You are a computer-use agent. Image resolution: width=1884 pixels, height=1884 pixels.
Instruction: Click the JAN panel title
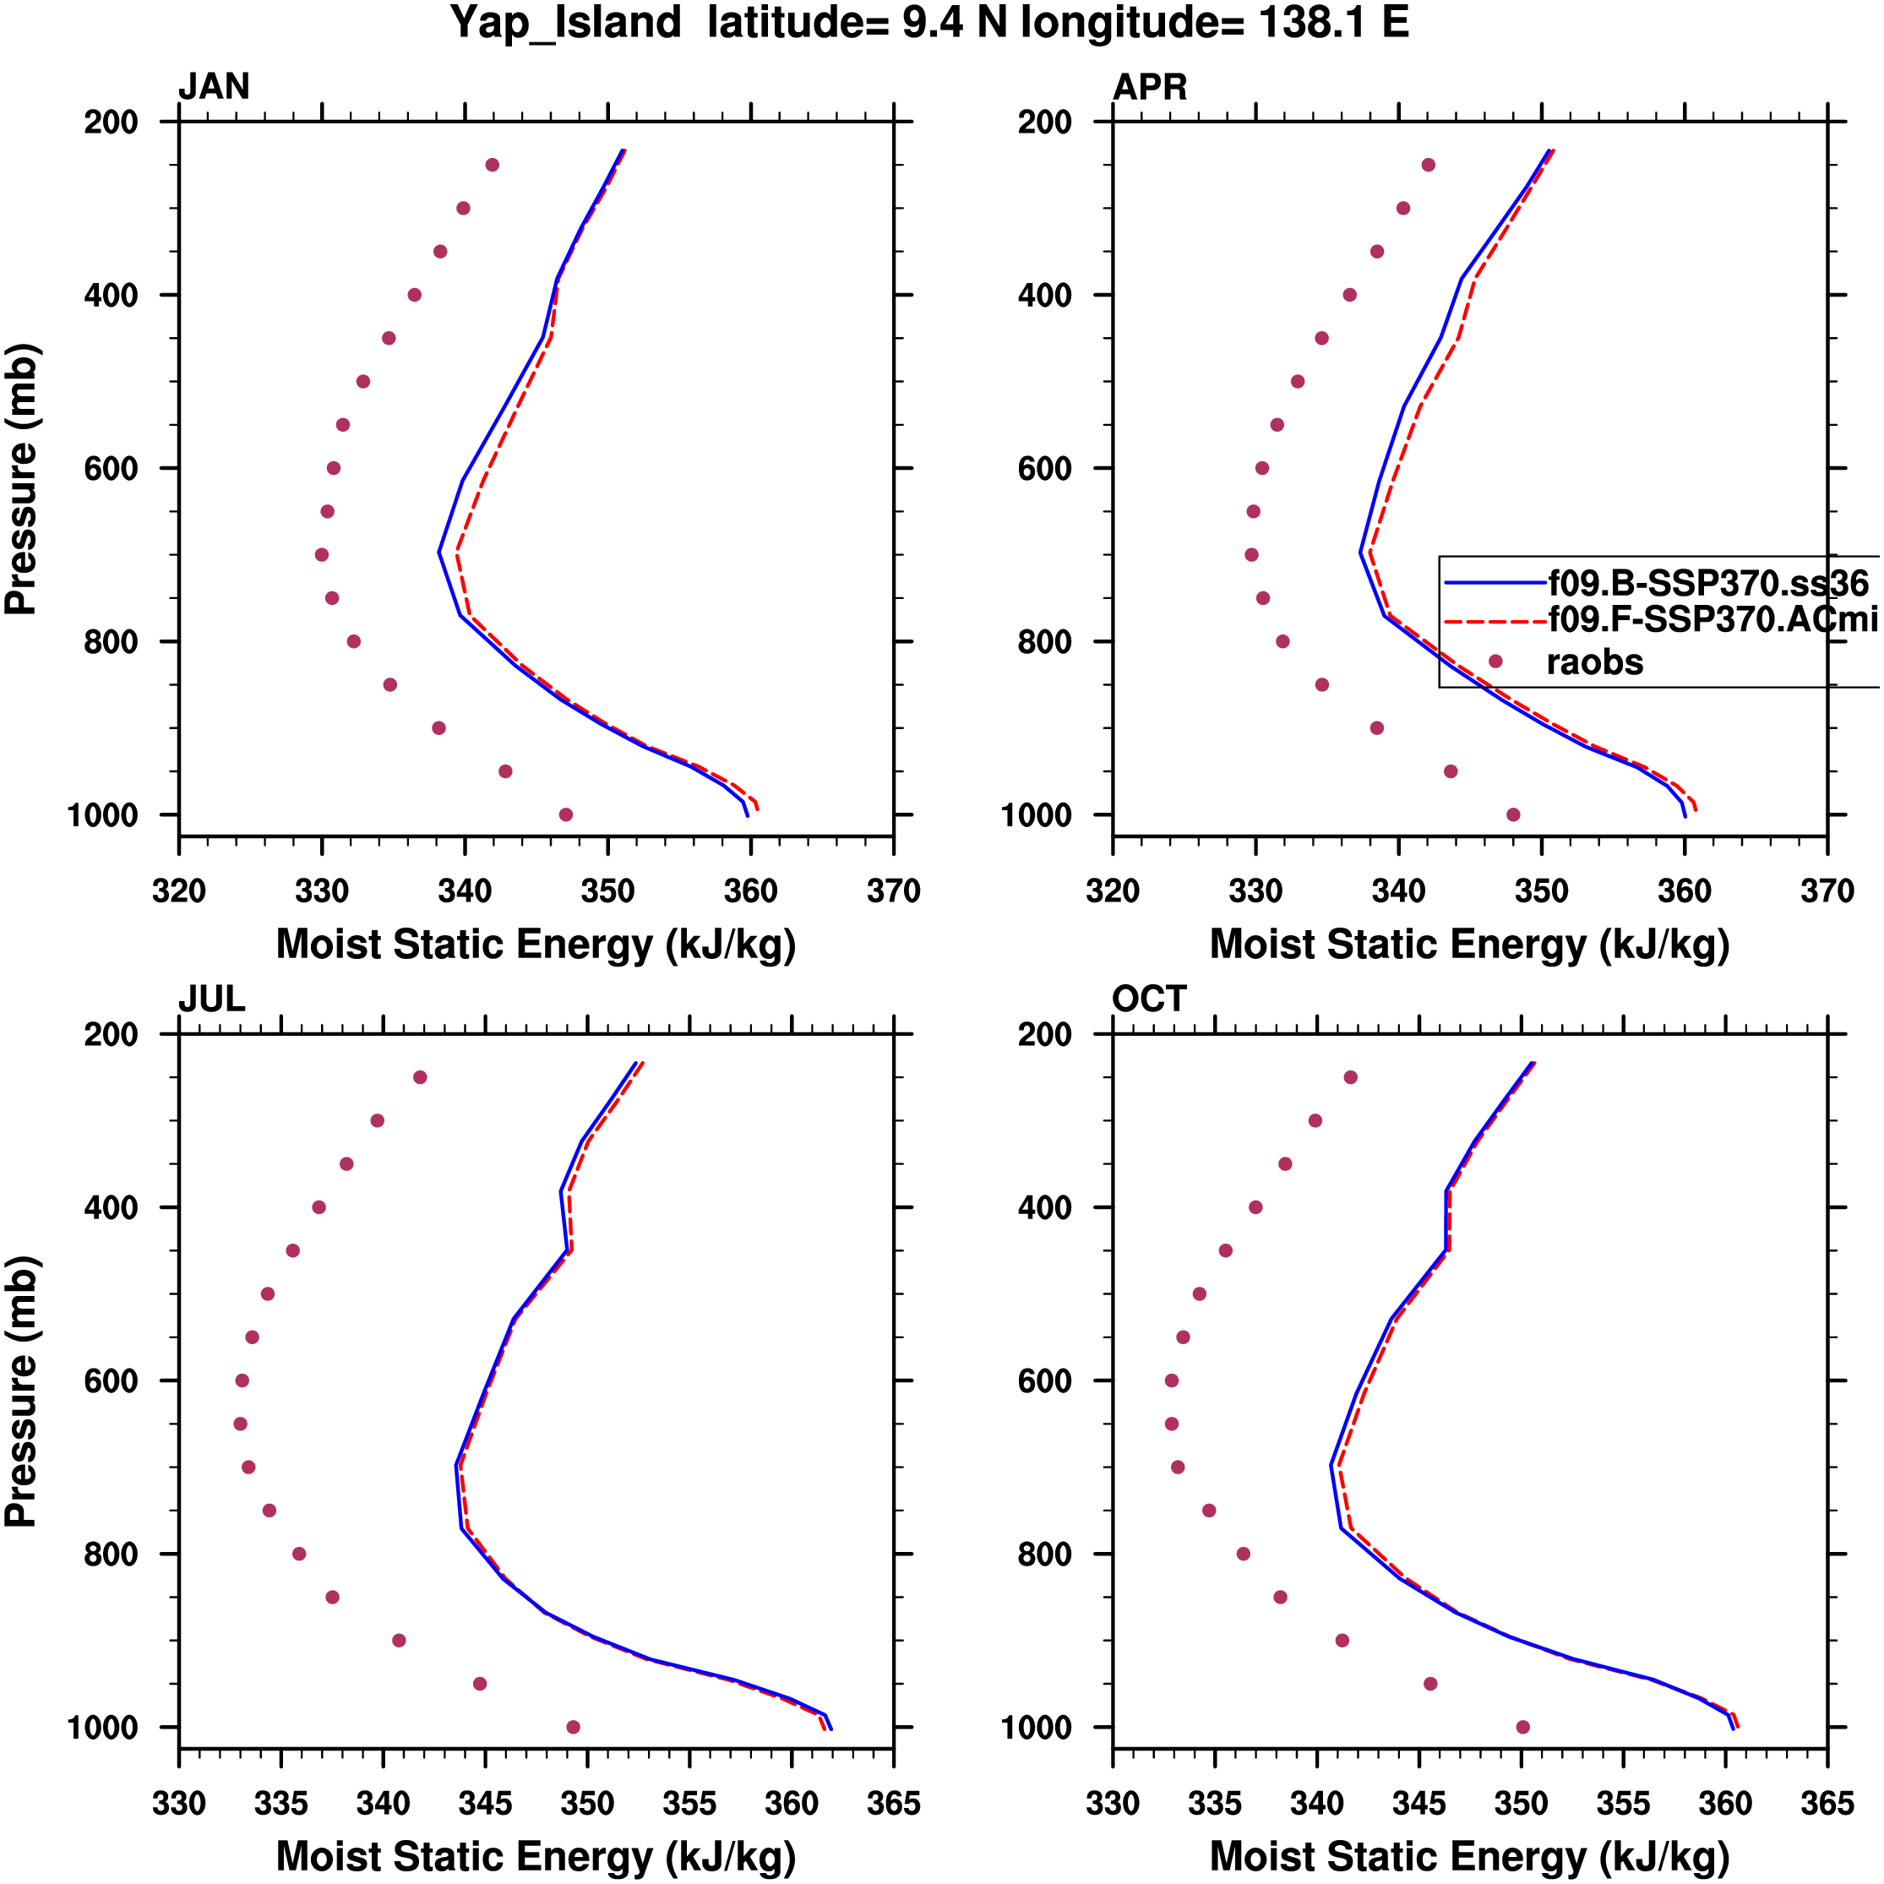[214, 87]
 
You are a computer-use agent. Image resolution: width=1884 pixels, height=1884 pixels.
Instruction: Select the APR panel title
[1150, 87]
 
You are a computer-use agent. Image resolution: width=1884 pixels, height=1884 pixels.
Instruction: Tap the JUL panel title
[211, 999]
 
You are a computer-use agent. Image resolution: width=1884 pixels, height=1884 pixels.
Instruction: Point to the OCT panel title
[1149, 999]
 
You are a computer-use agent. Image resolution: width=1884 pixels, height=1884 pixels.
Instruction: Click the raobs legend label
[1594, 663]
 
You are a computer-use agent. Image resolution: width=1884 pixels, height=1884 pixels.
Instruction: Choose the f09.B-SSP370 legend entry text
[1707, 583]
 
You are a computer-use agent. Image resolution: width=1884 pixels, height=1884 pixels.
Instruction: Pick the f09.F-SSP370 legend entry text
[1712, 618]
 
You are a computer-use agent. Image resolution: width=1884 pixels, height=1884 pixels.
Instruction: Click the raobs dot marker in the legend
[1495, 662]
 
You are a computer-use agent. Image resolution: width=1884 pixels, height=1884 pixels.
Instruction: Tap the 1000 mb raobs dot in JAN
[565, 814]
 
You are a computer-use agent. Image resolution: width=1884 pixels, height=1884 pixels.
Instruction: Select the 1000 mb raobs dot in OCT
[1523, 1727]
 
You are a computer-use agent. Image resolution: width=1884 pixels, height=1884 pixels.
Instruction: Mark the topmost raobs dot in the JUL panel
[420, 1077]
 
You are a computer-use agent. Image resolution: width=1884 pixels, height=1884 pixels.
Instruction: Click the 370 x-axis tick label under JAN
[893, 891]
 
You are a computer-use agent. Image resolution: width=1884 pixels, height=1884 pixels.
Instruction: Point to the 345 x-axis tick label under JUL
[485, 1804]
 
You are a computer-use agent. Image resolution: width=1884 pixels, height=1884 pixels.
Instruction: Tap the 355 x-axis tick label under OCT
[1624, 1804]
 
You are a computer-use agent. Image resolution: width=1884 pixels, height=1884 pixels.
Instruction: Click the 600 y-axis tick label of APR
[1044, 469]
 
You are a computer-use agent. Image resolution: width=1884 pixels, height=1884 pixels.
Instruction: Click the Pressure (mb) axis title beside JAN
[21, 479]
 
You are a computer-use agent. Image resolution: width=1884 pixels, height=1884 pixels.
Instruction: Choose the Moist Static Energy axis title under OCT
[1469, 1856]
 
